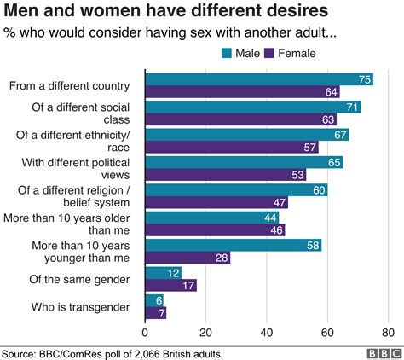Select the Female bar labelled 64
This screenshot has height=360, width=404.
[242, 91]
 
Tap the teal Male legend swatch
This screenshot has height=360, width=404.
[227, 53]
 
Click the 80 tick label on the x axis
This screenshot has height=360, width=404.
[388, 332]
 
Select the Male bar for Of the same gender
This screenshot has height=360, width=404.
[164, 272]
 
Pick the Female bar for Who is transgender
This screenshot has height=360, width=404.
[156, 312]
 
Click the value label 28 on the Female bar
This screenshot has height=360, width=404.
[221, 258]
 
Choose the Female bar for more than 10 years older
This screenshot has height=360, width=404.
[215, 230]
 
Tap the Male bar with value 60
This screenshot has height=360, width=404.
[236, 190]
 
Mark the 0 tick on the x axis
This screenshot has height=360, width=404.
[146, 332]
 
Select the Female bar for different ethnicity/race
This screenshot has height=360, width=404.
[231, 147]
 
